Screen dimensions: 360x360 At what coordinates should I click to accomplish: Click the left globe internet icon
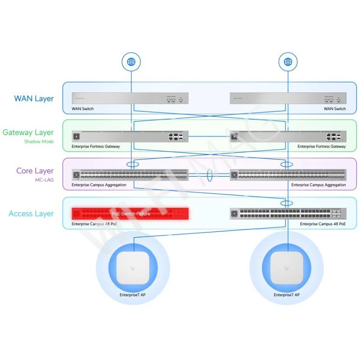(131, 62)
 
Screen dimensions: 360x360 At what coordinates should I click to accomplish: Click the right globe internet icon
(288, 62)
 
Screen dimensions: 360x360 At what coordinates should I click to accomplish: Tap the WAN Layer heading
(34, 99)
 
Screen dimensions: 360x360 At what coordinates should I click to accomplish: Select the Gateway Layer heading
(28, 133)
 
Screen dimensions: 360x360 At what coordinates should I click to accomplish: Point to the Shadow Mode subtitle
(39, 142)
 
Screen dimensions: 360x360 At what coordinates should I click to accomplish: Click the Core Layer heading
(35, 171)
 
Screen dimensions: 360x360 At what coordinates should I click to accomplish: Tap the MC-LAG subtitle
(44, 180)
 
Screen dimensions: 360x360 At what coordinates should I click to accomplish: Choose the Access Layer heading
(31, 214)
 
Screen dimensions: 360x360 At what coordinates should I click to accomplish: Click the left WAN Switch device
(130, 98)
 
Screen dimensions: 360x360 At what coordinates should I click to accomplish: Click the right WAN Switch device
(288, 98)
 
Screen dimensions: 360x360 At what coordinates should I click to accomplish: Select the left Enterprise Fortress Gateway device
(130, 137)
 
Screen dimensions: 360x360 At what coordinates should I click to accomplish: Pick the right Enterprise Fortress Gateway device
(288, 137)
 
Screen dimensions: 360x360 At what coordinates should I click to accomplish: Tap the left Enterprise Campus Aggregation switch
(130, 175)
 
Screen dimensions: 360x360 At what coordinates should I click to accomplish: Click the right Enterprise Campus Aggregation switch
(288, 175)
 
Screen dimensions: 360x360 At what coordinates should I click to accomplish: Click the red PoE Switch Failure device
(130, 214)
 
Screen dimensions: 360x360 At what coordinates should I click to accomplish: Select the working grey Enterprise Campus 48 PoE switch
(288, 214)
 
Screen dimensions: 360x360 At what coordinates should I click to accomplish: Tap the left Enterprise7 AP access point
(133, 268)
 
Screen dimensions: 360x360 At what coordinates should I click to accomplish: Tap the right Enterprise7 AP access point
(287, 268)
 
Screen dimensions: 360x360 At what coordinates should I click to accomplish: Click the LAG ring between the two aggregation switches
(210, 175)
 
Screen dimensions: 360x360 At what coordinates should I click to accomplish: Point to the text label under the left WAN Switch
(83, 109)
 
